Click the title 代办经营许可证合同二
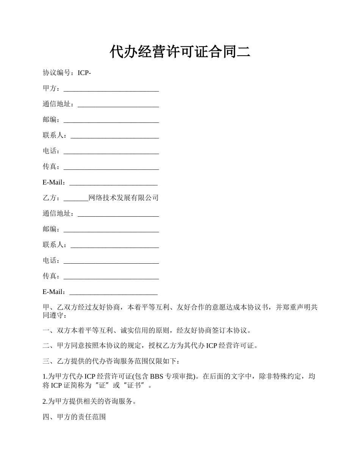click(x=180, y=52)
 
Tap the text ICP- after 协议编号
click(x=84, y=73)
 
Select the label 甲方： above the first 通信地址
click(x=51, y=88)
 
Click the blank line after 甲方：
click(x=111, y=89)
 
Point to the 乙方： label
click(x=51, y=198)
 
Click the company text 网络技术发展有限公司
click(x=123, y=198)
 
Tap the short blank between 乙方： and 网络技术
click(x=76, y=199)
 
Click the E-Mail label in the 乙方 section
click(x=54, y=292)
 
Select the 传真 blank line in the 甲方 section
click(x=111, y=167)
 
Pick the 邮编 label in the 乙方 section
click(x=51, y=229)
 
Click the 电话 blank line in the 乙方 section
click(x=111, y=261)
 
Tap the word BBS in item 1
click(x=157, y=376)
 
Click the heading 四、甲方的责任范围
click(x=74, y=417)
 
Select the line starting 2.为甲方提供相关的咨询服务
click(x=89, y=401)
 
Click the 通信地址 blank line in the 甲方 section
click(x=118, y=105)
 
